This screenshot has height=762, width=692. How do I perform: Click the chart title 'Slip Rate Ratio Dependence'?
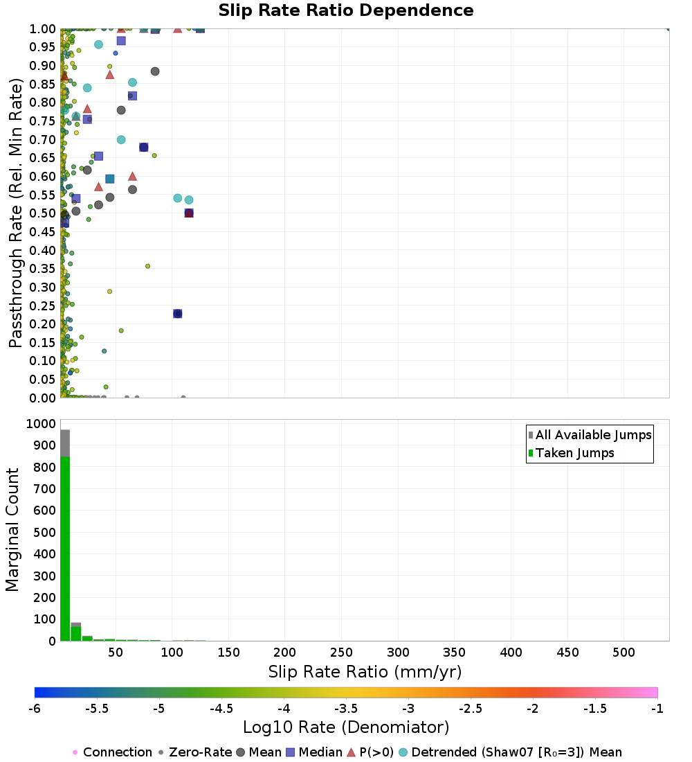346,11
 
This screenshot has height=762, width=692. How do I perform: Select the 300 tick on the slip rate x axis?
398,653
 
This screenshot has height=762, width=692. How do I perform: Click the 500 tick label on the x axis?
624,653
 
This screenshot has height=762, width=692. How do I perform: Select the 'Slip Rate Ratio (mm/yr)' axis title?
365,672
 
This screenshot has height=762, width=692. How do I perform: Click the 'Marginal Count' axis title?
12,530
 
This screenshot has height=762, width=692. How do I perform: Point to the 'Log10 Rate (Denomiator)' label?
346,727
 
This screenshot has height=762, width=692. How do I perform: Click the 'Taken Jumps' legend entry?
574,453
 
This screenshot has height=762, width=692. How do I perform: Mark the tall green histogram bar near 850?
65,547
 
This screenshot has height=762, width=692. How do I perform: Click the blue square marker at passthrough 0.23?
177,314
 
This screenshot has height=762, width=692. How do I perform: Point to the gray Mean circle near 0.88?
155,71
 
